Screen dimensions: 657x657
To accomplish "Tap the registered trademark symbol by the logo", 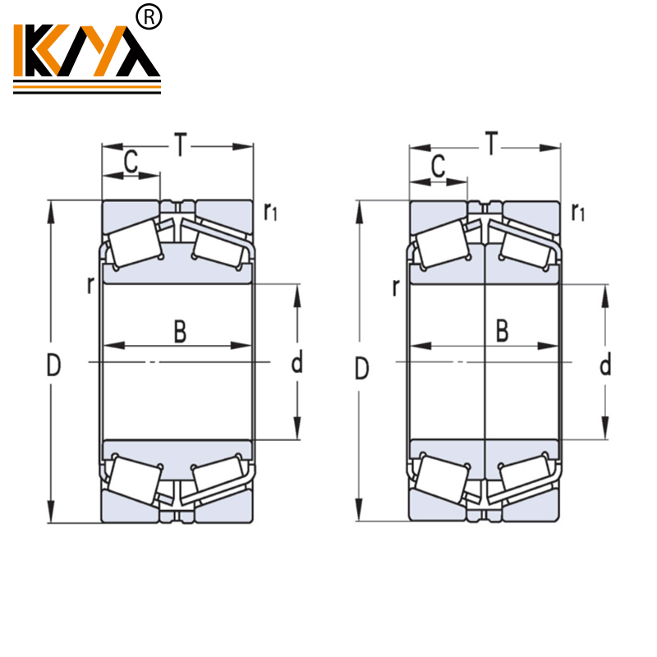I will point(152,16).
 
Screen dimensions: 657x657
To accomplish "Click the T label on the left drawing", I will point(180,145).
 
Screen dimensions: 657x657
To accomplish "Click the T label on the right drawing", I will point(490,145).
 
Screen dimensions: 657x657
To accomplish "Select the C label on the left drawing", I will point(130,163).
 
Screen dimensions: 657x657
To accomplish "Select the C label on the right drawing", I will point(439,166).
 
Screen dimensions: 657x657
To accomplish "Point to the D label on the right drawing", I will point(361,368).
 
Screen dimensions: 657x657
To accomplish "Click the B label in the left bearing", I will point(180,331).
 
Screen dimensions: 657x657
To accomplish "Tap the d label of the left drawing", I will point(297,361).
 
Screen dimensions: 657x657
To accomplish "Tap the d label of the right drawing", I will point(605,365).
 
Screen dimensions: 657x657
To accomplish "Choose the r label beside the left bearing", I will point(90,286).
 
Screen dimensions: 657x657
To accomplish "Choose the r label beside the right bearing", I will point(397,287).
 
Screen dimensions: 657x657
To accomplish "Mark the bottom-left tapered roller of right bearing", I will point(442,480).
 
